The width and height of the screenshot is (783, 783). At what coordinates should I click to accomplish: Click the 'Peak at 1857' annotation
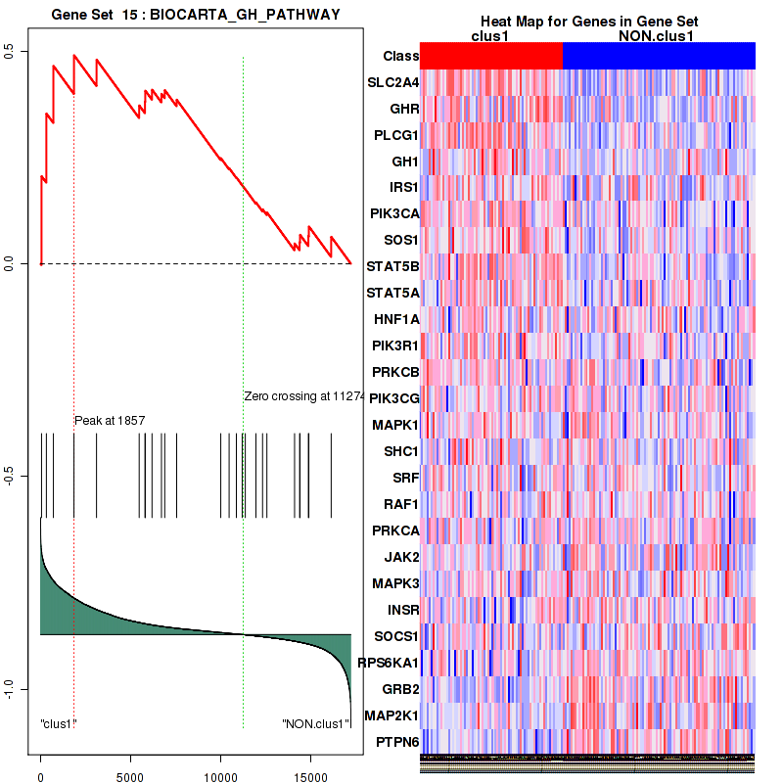[x=110, y=420]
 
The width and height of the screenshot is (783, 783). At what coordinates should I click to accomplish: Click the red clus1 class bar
[x=490, y=56]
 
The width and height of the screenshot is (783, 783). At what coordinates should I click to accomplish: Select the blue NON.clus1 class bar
[x=659, y=56]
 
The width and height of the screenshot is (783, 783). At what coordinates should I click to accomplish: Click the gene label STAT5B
[x=392, y=266]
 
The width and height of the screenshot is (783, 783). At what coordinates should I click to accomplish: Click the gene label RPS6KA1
[x=388, y=663]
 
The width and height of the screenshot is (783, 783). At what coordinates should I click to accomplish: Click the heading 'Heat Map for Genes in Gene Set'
[x=588, y=23]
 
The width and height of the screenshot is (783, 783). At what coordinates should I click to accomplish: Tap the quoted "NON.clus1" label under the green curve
[x=315, y=724]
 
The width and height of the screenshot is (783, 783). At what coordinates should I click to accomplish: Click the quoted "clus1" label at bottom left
[x=59, y=724]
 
